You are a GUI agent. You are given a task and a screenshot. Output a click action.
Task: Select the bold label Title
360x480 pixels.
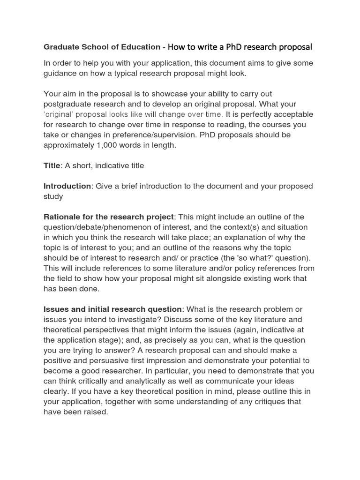coord(52,165)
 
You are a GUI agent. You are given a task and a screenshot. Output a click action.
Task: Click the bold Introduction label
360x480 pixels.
coord(67,186)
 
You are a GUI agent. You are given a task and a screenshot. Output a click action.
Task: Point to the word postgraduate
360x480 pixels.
coord(67,104)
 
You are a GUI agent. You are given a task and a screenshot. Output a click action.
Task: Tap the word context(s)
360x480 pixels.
coord(247,227)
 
